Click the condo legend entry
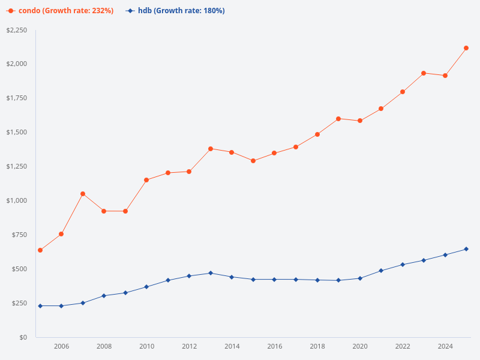tap(60, 11)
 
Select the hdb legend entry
tap(175, 11)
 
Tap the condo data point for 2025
tap(466, 48)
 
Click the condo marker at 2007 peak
tap(83, 194)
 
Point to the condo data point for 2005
tap(40, 250)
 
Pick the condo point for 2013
tap(211, 149)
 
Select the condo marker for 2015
tap(253, 161)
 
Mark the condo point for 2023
tap(424, 73)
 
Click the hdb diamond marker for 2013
tap(211, 273)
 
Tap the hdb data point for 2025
tap(466, 249)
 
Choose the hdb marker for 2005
tap(40, 306)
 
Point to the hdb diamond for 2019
tap(338, 280)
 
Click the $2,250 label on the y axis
tap(16, 31)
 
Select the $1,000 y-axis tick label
tap(16, 200)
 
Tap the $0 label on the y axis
tap(23, 337)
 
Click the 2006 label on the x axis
tap(61, 346)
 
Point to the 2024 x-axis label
tap(445, 346)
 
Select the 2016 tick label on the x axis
tap(275, 346)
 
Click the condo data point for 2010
tap(146, 180)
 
